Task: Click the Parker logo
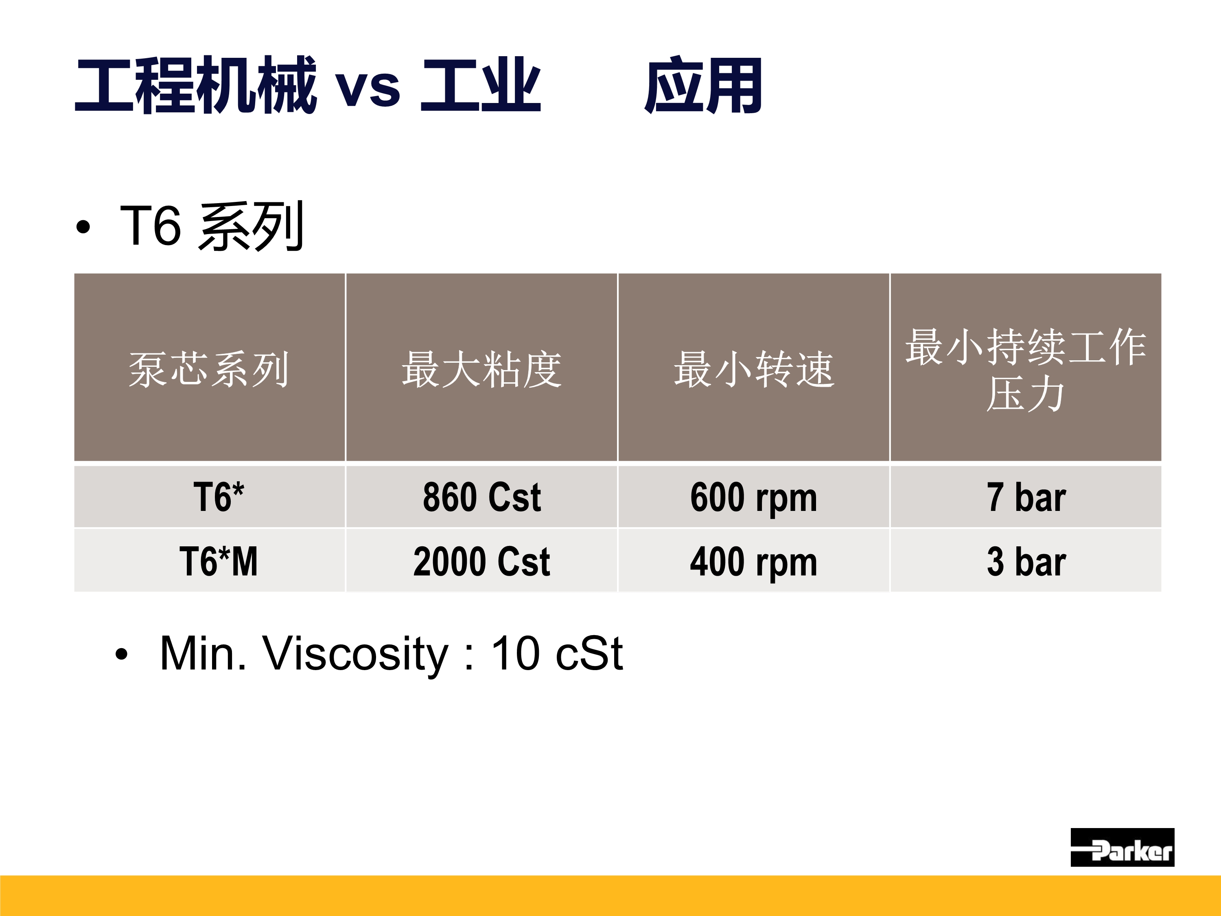tap(1122, 847)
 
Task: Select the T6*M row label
tap(219, 561)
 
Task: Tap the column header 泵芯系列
tap(209, 369)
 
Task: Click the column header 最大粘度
tap(481, 369)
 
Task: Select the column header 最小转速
tap(753, 369)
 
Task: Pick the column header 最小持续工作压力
tap(1026, 369)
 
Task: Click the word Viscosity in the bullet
tap(356, 654)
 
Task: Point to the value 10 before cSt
tap(516, 654)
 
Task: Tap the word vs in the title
tap(368, 88)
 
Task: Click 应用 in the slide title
tap(703, 85)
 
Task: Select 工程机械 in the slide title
tap(196, 85)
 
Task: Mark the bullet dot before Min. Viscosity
tap(121, 655)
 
